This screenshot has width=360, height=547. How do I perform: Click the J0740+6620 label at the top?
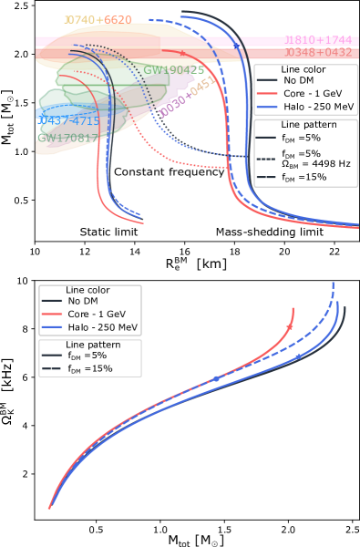pos(97,20)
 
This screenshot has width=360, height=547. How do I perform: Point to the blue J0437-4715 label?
pos(69,121)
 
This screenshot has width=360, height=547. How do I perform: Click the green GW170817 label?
pos(64,139)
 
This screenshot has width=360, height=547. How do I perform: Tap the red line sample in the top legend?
pos(267,93)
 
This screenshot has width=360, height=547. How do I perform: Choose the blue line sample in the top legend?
pos(267,107)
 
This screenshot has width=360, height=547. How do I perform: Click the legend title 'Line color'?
pos(89,290)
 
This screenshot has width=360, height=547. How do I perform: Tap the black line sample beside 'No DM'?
pos(52,302)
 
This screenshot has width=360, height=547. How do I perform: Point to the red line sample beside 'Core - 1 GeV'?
pos(52,315)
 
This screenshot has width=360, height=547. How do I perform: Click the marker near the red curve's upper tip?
pos(291,325)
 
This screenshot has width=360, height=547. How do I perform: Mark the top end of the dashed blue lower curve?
pos(333,284)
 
